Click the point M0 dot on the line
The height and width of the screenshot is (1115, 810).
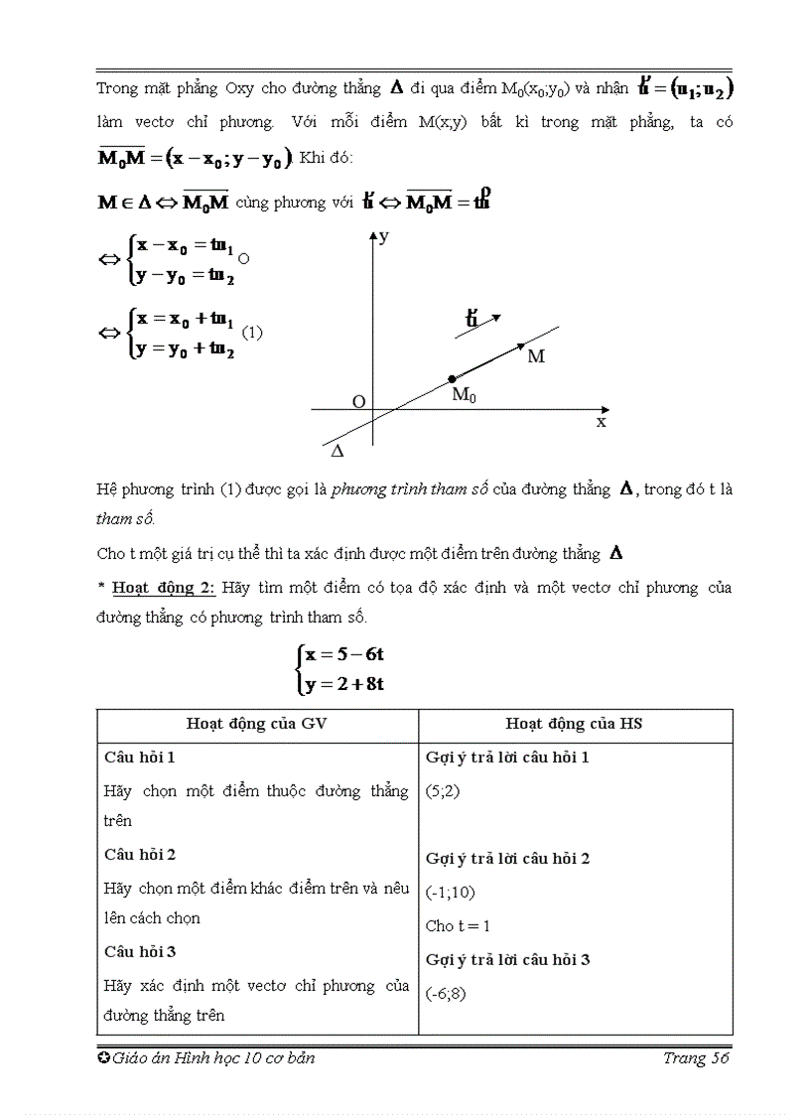(x=453, y=378)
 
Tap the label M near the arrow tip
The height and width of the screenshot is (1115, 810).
(x=536, y=355)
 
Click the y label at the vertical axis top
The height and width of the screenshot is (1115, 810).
(x=383, y=237)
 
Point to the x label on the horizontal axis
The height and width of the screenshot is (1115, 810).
(x=600, y=421)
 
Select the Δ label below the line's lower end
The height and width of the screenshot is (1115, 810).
(x=337, y=451)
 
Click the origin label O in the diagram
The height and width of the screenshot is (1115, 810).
(x=359, y=401)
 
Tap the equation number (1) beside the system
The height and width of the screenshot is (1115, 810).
(x=252, y=333)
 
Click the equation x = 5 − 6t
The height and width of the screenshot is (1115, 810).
(x=344, y=654)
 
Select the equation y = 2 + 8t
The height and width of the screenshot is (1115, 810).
(x=344, y=683)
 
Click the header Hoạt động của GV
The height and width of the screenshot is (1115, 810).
(x=257, y=724)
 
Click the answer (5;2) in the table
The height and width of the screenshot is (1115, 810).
(x=442, y=791)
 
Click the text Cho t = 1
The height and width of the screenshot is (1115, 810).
(x=458, y=925)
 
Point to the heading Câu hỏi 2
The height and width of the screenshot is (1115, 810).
(x=140, y=854)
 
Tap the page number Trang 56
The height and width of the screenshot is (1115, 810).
(x=697, y=1058)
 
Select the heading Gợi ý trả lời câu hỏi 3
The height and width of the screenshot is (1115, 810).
(x=507, y=959)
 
